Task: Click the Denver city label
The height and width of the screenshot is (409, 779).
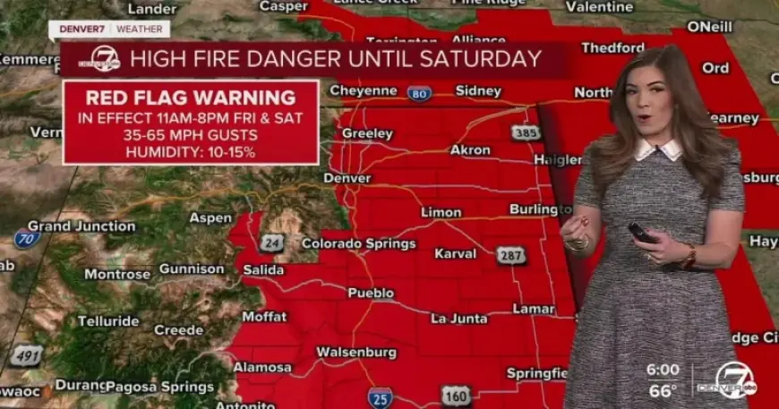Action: (x=347, y=178)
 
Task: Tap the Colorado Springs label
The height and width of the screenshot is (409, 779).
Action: (x=358, y=243)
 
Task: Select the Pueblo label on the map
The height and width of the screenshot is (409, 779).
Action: (x=371, y=293)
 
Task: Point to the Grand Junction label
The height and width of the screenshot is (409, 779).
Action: (x=81, y=226)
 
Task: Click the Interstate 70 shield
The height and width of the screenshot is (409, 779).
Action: (x=27, y=238)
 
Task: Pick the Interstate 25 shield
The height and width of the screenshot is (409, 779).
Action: (x=380, y=396)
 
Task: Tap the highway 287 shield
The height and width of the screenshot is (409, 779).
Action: (x=511, y=255)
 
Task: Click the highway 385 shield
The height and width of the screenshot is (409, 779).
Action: (x=526, y=132)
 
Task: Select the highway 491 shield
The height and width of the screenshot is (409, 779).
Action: (x=28, y=356)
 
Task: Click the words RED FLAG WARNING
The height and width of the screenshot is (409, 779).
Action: (x=190, y=98)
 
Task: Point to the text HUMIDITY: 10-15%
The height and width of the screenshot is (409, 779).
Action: (x=190, y=152)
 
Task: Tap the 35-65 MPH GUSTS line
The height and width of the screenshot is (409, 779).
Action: (x=190, y=135)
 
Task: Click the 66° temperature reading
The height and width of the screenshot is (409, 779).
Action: (x=663, y=390)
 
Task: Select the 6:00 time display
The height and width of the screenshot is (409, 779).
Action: (x=663, y=369)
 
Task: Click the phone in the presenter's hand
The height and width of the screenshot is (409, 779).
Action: (x=641, y=233)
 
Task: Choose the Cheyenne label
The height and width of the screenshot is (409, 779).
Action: (x=363, y=90)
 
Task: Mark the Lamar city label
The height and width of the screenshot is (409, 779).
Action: (x=534, y=309)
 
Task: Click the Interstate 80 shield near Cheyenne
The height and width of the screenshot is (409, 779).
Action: (x=419, y=93)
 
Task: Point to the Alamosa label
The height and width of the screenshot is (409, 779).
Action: (x=262, y=367)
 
